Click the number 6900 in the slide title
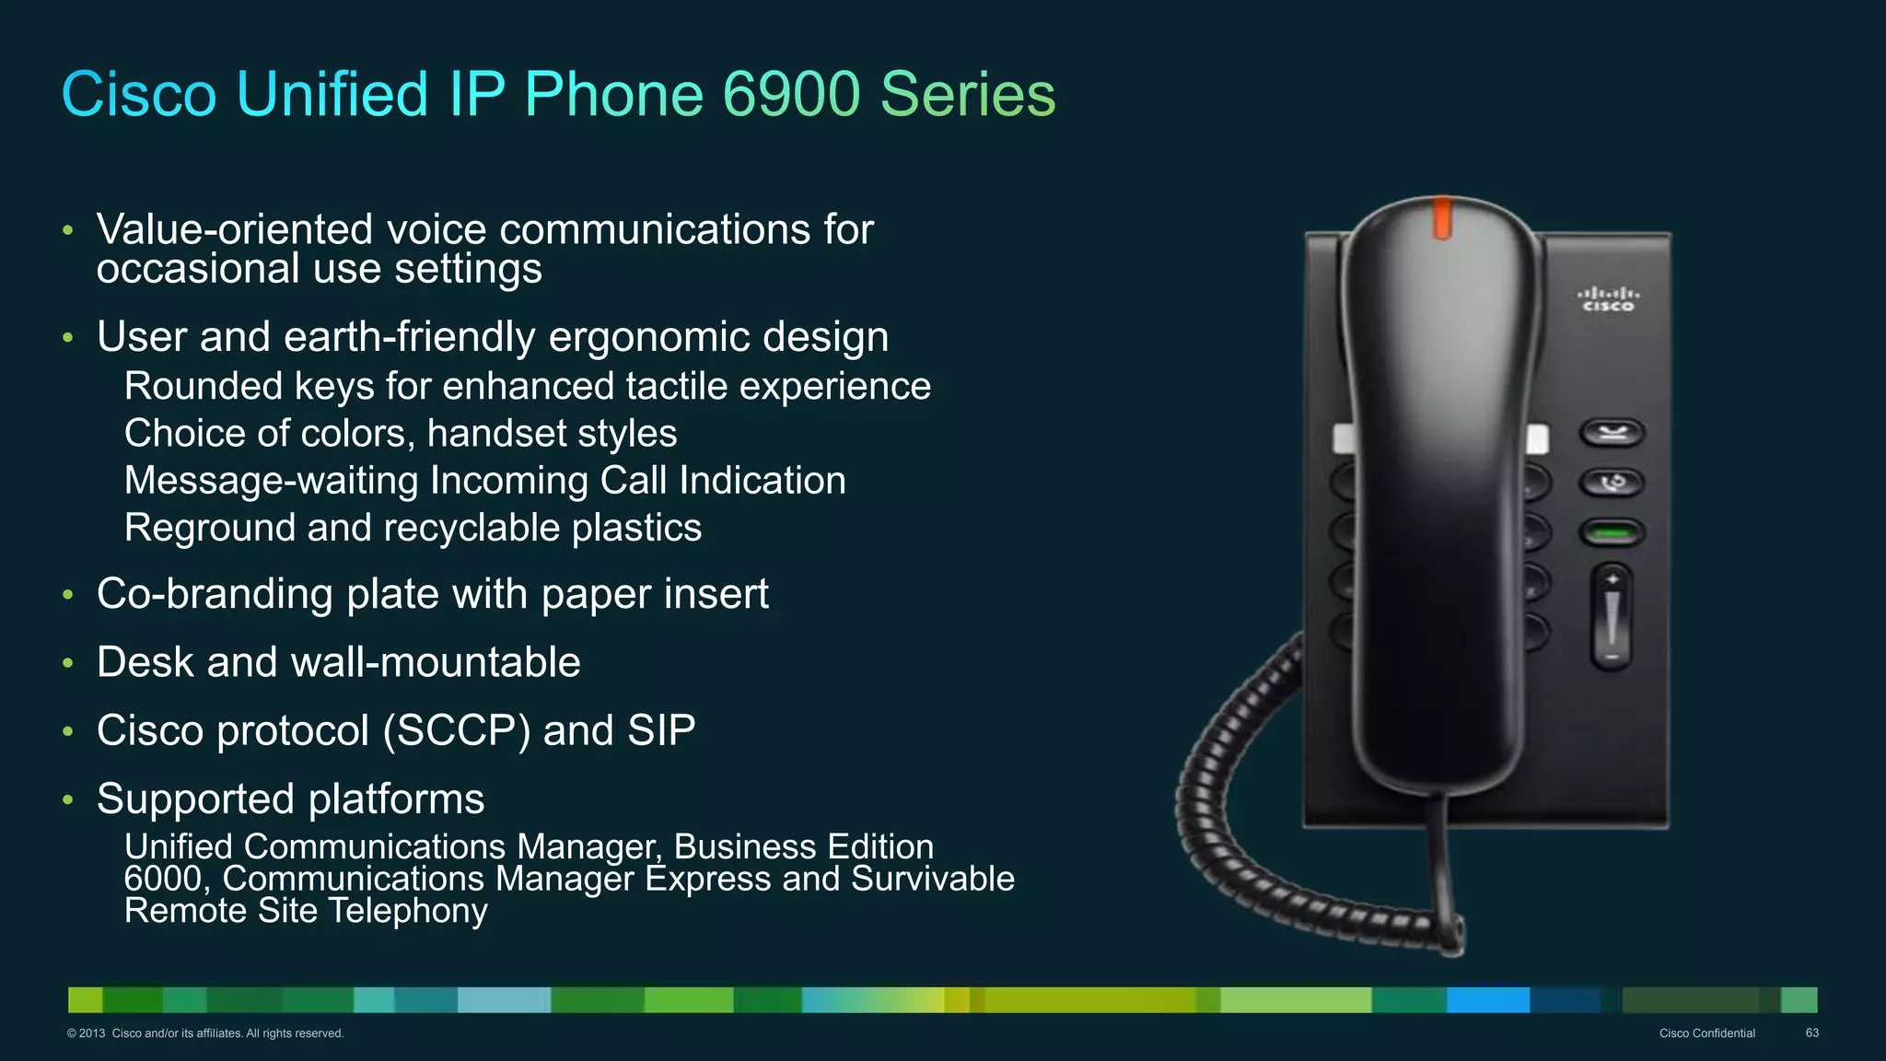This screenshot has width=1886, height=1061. [791, 94]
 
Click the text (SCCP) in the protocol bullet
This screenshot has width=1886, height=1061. [456, 731]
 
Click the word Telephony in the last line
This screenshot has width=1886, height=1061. [408, 911]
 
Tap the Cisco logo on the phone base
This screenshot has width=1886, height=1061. [1608, 299]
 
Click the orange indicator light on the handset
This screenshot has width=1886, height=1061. [1442, 218]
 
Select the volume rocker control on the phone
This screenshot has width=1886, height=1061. [1612, 616]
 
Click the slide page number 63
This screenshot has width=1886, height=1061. [1811, 1033]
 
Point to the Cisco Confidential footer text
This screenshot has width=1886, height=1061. [1706, 1033]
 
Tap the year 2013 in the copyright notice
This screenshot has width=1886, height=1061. [92, 1033]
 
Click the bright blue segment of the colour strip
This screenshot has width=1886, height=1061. [1487, 999]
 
